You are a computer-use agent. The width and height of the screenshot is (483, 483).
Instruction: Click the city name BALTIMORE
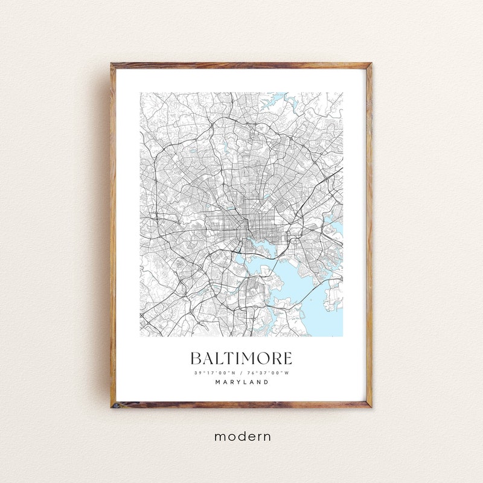tap(241, 358)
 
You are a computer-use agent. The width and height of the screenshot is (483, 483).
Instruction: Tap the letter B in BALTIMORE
tap(196, 358)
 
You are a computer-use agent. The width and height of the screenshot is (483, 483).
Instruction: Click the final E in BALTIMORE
tap(287, 358)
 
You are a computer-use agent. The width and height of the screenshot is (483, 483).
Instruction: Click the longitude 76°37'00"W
tap(267, 373)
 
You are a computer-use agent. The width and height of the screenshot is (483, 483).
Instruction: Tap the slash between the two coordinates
tap(241, 373)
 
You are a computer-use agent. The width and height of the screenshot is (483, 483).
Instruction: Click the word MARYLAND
tap(241, 382)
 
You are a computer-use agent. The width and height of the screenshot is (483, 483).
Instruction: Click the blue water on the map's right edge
tap(337, 230)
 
